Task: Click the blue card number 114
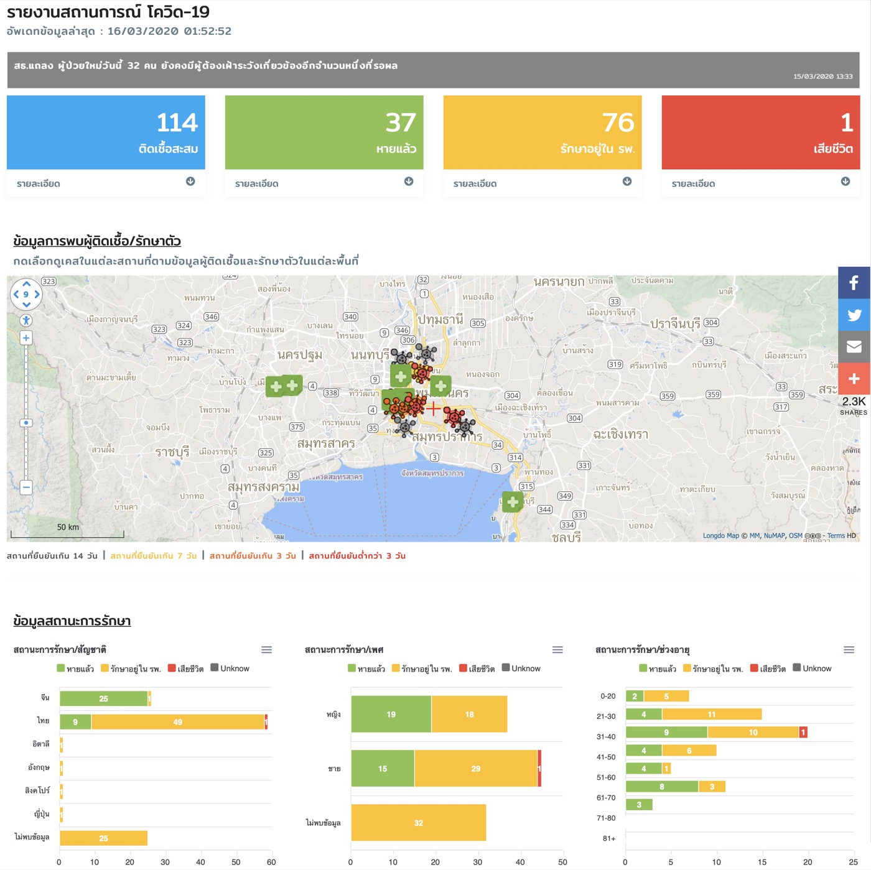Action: point(177,123)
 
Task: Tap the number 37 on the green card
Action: point(400,123)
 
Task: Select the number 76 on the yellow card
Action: point(618,123)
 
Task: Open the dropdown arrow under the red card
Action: point(845,182)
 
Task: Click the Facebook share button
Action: point(854,283)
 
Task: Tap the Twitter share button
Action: point(854,315)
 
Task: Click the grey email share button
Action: point(854,346)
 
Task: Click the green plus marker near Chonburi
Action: point(512,501)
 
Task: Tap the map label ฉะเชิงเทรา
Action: point(620,434)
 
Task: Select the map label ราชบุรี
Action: point(172,452)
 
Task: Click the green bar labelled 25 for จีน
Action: point(103,698)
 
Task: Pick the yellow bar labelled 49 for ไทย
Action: point(178,722)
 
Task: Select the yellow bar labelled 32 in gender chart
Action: point(418,823)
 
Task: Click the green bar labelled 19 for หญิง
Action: point(391,714)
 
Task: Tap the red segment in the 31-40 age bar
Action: point(803,733)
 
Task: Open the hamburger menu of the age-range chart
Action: point(849,650)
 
